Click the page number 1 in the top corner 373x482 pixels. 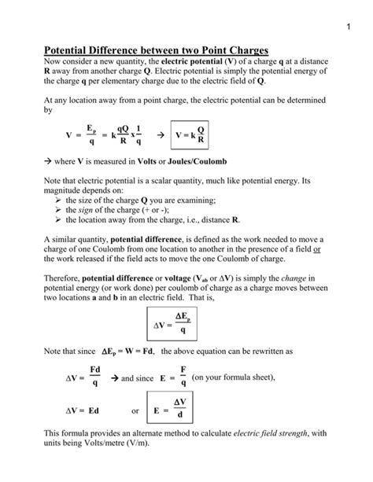point(346,28)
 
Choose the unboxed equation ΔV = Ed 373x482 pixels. point(81,410)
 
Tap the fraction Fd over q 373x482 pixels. point(95,377)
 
